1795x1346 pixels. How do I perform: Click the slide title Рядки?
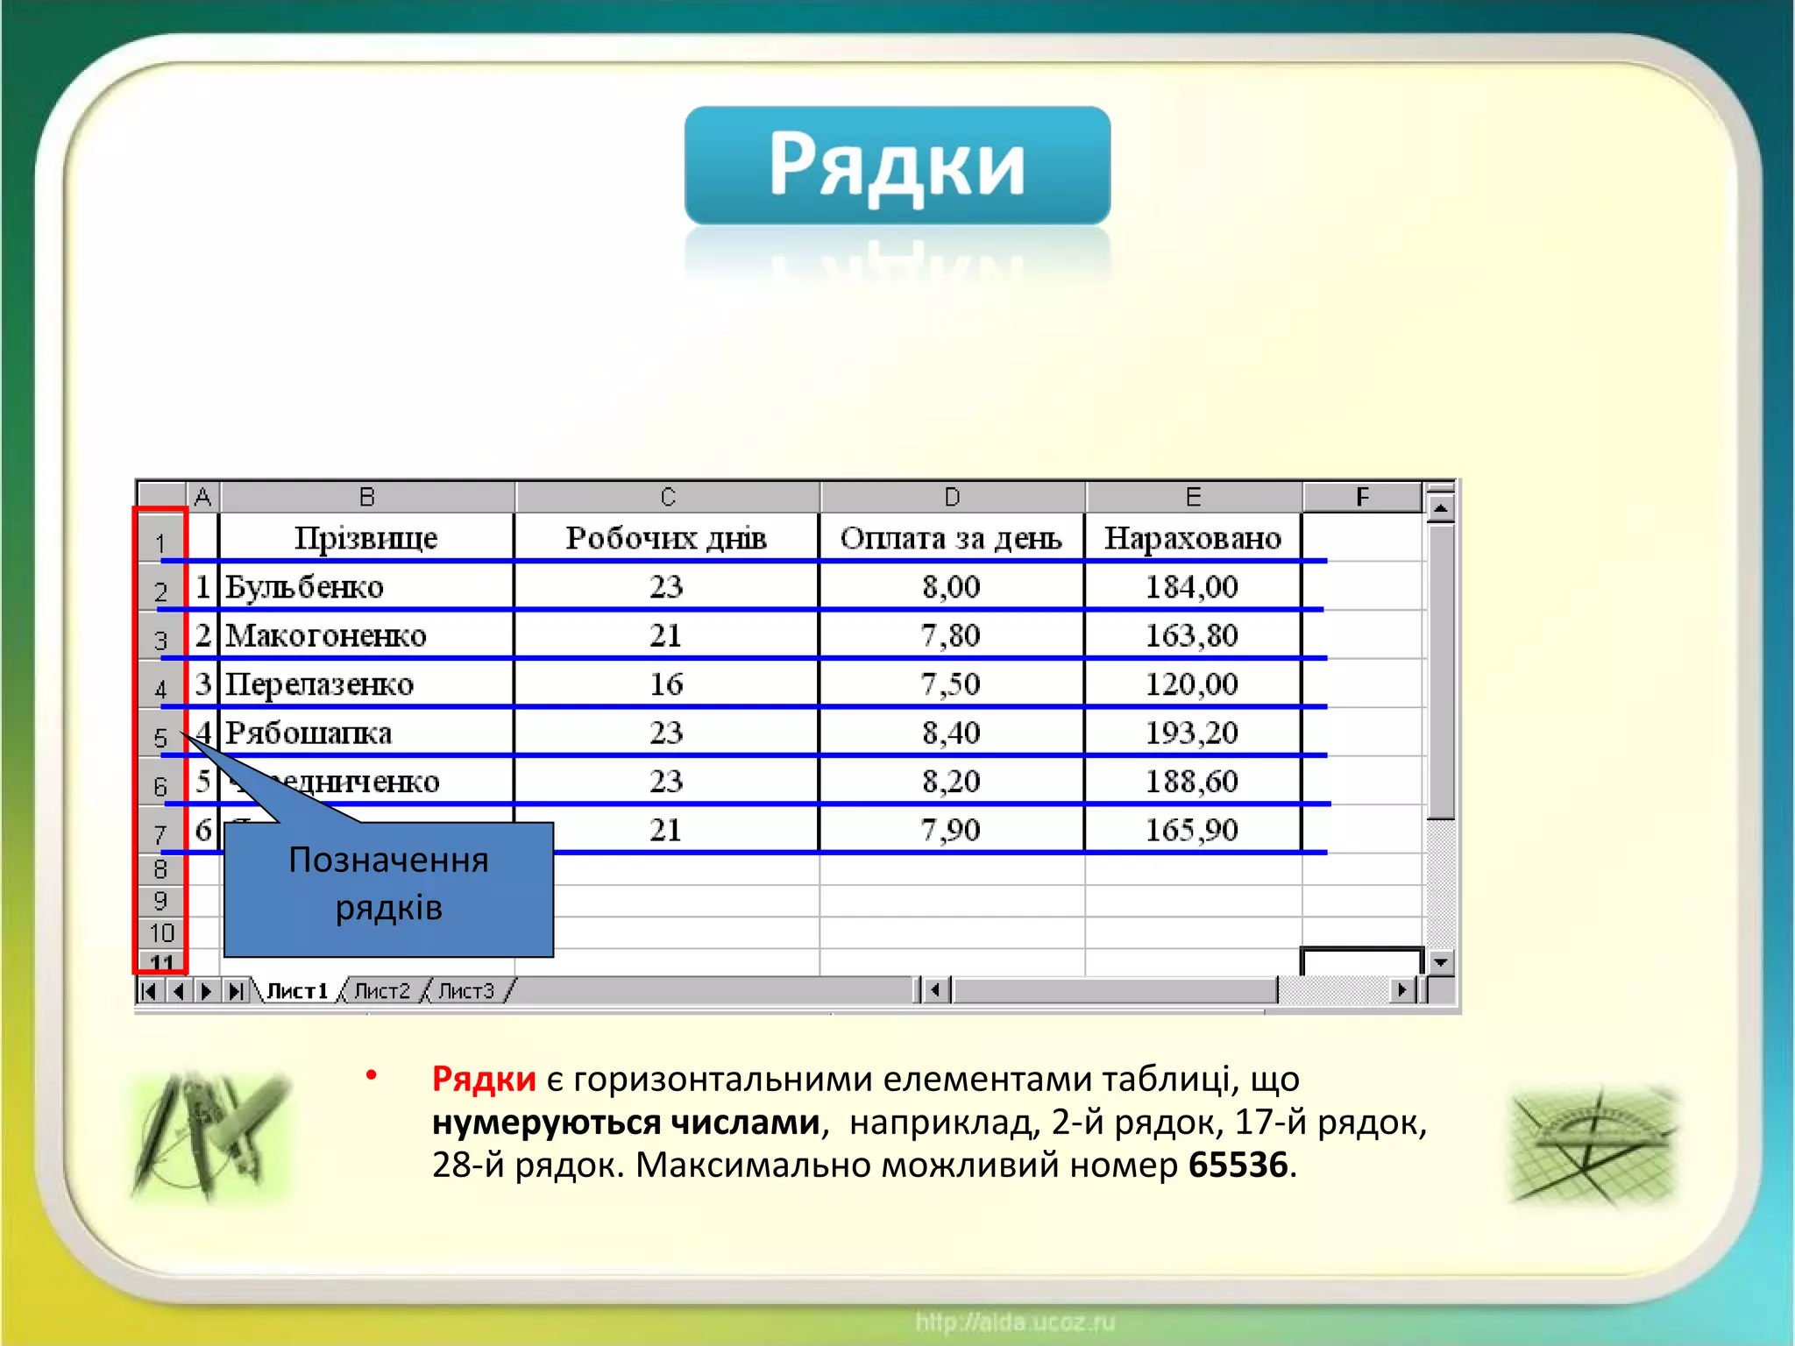click(x=897, y=165)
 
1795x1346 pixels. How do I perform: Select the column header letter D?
click(x=952, y=497)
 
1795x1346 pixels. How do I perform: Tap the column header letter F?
click(x=1361, y=497)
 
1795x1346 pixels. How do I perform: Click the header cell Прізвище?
click(x=365, y=537)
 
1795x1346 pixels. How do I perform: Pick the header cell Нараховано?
click(x=1192, y=537)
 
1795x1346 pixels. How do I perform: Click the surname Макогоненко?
click(x=325, y=635)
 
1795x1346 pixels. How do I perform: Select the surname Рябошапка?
click(x=308, y=733)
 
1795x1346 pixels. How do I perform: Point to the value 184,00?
click(x=1192, y=586)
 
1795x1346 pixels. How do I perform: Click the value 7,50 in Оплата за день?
click(x=950, y=684)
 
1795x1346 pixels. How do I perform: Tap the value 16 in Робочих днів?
click(x=666, y=684)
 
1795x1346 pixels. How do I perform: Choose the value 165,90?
click(x=1192, y=830)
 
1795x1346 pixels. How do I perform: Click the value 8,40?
click(x=950, y=733)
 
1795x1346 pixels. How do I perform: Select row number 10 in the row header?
click(x=161, y=932)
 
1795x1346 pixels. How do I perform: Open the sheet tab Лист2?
click(x=382, y=990)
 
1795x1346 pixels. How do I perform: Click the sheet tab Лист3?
click(x=466, y=990)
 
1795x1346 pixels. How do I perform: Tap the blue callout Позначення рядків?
click(x=388, y=885)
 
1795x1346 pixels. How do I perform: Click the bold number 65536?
click(x=1238, y=1165)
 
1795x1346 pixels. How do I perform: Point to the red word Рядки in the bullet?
click(x=484, y=1079)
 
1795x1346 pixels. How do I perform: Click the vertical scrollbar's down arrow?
click(x=1440, y=962)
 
